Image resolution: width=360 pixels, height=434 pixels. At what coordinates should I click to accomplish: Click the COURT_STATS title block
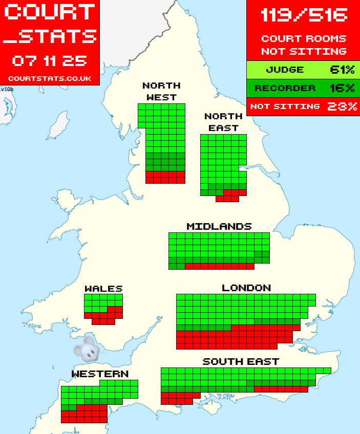[49, 24]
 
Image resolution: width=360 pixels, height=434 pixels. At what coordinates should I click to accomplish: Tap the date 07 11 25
[49, 61]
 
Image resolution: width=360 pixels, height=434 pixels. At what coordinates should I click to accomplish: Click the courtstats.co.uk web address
[49, 78]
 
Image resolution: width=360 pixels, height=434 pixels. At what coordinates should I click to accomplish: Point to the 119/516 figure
[303, 15]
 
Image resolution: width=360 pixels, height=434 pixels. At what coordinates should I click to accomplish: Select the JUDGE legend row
[285, 70]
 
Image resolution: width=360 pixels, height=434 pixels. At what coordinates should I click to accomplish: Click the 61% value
[342, 70]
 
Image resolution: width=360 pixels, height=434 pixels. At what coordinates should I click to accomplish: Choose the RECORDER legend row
[285, 88]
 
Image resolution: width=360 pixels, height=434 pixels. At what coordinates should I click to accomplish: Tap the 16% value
[342, 88]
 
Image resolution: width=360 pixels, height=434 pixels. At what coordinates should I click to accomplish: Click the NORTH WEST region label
[161, 91]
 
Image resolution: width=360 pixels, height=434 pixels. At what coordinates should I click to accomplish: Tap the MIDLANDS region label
[219, 226]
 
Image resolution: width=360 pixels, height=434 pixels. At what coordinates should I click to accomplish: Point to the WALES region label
[103, 289]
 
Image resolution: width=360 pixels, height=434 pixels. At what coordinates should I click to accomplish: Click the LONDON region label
[246, 288]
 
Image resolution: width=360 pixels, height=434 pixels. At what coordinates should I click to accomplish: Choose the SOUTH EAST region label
[241, 361]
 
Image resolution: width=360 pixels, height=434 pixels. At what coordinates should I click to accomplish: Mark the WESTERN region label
[100, 374]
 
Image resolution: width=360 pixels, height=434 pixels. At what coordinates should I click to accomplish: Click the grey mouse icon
[87, 349]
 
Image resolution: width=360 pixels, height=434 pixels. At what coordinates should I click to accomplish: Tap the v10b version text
[7, 89]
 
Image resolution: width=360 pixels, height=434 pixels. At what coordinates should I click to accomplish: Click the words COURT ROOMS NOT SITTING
[303, 45]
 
